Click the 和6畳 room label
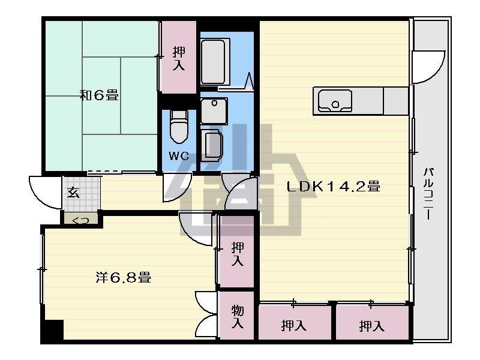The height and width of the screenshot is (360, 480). click(99, 95)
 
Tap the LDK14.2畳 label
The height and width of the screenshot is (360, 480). click(334, 186)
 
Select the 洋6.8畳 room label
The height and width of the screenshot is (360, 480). click(124, 278)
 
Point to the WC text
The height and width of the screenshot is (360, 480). click(179, 156)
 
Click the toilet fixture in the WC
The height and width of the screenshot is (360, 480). click(179, 127)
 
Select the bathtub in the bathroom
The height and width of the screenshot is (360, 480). click(215, 61)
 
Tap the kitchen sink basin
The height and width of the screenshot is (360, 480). click(335, 101)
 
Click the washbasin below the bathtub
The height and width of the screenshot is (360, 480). click(214, 111)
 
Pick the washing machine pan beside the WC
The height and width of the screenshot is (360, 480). click(211, 145)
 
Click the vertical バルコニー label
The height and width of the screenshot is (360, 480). click(428, 193)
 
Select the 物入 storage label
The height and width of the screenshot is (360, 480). click(238, 316)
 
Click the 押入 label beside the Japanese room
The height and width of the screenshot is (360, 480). click(179, 58)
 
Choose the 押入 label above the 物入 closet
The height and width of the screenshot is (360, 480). click(238, 253)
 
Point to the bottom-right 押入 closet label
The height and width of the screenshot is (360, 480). click(371, 326)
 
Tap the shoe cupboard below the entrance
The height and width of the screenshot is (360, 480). click(81, 218)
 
